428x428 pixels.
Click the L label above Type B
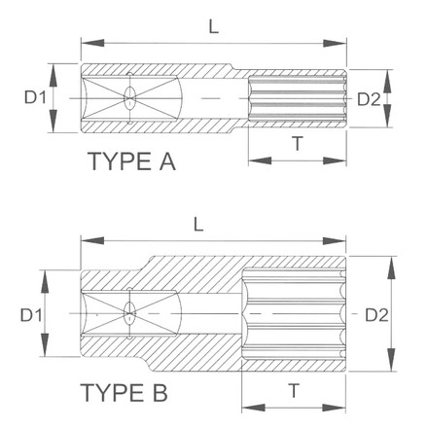(197, 223)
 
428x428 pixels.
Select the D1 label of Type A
(34, 98)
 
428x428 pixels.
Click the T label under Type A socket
(295, 143)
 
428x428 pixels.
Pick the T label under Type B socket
(293, 390)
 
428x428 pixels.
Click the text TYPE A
(131, 160)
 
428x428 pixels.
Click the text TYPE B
(125, 395)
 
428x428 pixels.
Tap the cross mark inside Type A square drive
(129, 98)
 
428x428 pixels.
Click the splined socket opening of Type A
(297, 98)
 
